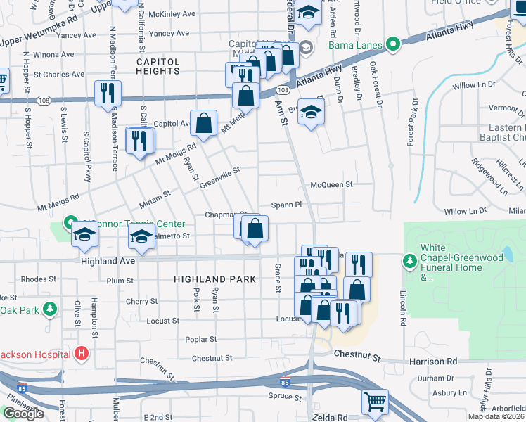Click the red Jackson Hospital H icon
click(x=82, y=353)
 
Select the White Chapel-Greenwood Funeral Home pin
click(x=410, y=262)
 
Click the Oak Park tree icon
click(x=50, y=309)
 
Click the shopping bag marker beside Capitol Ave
click(x=203, y=123)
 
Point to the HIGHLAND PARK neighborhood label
click(x=210, y=279)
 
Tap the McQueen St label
click(x=331, y=184)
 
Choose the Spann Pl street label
click(x=288, y=205)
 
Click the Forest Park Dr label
click(x=411, y=122)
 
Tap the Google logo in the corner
click(x=23, y=414)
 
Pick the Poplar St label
click(x=200, y=339)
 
